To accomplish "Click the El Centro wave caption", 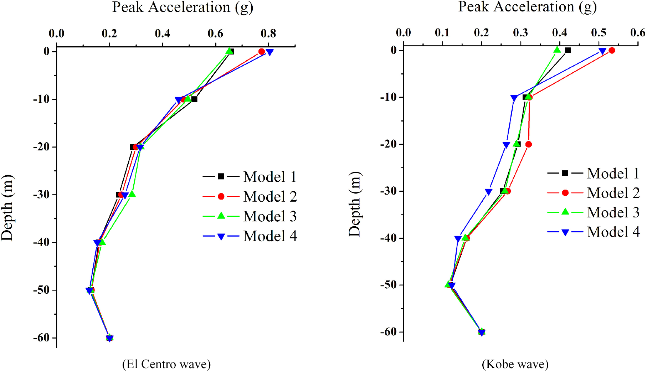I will pyautogui.click(x=166, y=364).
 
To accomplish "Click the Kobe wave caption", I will pyautogui.click(x=515, y=364).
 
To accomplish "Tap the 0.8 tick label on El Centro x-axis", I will pyautogui.click(x=268, y=34).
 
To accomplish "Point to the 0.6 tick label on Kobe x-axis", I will pyautogui.click(x=637, y=33).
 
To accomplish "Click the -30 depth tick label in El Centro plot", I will pyautogui.click(x=42, y=195).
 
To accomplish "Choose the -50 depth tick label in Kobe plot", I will pyautogui.click(x=389, y=285).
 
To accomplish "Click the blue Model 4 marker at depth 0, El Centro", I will pyautogui.click(x=269, y=52).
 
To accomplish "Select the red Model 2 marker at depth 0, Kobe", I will pyautogui.click(x=612, y=51).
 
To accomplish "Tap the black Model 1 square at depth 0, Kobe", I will pyautogui.click(x=568, y=51).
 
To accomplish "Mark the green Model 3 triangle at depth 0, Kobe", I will pyautogui.click(x=557, y=50).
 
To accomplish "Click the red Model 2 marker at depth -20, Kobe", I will pyautogui.click(x=529, y=144).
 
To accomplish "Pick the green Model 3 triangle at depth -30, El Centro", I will pyautogui.click(x=132, y=194).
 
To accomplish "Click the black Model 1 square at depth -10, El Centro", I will pyautogui.click(x=194, y=99).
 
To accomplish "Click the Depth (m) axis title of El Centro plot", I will pyautogui.click(x=7, y=208).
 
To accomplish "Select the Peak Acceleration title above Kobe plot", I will pyautogui.click(x=527, y=7).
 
